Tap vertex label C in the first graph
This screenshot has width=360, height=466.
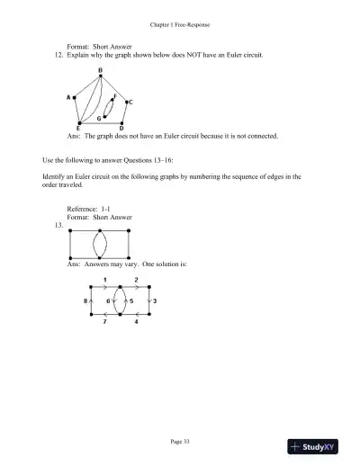pyautogui.click(x=131, y=103)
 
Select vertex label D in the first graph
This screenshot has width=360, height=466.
pyautogui.click(x=122, y=128)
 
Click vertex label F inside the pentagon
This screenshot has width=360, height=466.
pyautogui.click(x=114, y=95)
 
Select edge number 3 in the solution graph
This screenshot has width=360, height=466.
pyautogui.click(x=155, y=300)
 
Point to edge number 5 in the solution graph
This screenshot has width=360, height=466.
pyautogui.click(x=131, y=300)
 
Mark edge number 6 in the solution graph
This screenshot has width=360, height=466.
pyautogui.click(x=109, y=300)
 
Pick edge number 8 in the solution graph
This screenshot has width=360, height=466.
pyautogui.click(x=85, y=300)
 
